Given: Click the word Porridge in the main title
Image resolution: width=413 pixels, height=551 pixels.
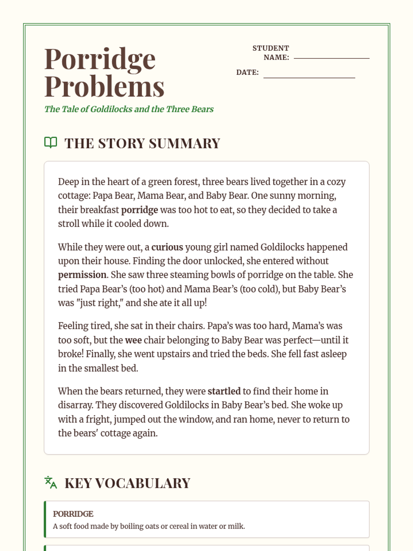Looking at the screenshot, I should pyautogui.click(x=100, y=59).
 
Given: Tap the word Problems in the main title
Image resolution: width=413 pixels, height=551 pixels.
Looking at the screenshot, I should pyautogui.click(x=104, y=86).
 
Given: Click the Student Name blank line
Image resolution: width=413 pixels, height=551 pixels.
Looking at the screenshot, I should pyautogui.click(x=331, y=58).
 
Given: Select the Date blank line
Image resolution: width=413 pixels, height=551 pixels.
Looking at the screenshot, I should pyautogui.click(x=309, y=77).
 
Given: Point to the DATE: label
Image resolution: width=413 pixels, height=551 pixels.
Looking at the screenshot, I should pyautogui.click(x=247, y=72).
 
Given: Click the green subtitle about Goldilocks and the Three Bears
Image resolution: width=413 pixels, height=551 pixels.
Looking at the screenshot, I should pyautogui.click(x=129, y=109).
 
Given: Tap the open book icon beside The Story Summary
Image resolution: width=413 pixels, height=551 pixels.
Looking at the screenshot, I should pyautogui.click(x=51, y=143).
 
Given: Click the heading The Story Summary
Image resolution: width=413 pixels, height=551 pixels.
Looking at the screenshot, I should pyautogui.click(x=142, y=143).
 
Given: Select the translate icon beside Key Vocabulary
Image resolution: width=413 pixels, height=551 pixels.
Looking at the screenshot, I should pyautogui.click(x=51, y=482).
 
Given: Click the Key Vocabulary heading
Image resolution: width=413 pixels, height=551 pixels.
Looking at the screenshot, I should pyautogui.click(x=127, y=483).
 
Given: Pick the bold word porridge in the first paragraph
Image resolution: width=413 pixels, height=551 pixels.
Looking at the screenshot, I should pyautogui.click(x=139, y=210).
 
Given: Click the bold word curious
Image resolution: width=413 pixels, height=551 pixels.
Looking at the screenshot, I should pyautogui.click(x=167, y=247).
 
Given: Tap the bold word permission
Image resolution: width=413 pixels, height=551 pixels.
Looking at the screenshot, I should pyautogui.click(x=82, y=275).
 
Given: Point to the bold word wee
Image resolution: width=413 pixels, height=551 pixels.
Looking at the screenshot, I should pyautogui.click(x=133, y=340).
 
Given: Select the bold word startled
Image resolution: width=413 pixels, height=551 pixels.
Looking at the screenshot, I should pyautogui.click(x=224, y=391).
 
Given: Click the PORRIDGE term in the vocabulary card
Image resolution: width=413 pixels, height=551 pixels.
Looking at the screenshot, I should pyautogui.click(x=73, y=514).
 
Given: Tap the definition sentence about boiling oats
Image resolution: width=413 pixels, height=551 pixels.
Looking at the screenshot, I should pyautogui.click(x=149, y=526).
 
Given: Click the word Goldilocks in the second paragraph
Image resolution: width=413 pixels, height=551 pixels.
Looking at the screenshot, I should pyautogui.click(x=282, y=247).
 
